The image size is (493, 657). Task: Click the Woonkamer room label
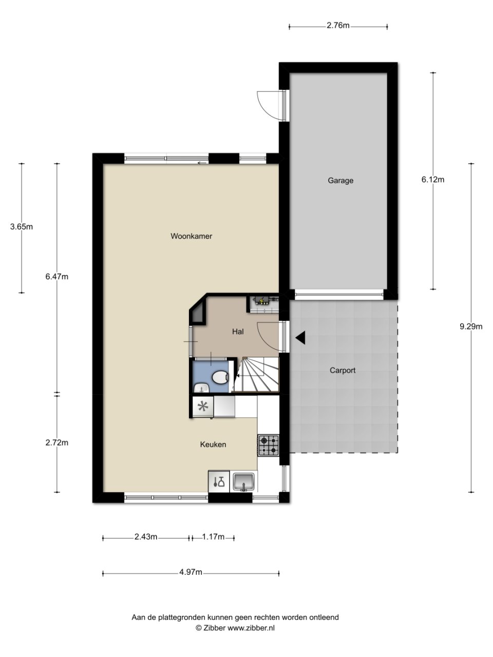[x=191, y=236]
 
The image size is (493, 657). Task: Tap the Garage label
[x=340, y=181]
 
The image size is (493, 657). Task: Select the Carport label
[x=343, y=370]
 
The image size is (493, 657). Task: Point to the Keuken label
[x=213, y=445]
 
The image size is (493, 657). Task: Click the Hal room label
[x=238, y=332]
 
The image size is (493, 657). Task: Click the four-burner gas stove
[x=269, y=446]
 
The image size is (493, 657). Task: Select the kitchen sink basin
[x=244, y=482]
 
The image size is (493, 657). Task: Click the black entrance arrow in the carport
[x=300, y=338]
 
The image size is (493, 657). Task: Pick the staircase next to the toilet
[x=257, y=374]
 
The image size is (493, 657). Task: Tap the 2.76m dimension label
[x=338, y=26]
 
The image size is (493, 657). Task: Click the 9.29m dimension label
[x=471, y=326]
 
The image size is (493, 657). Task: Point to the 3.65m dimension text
[x=22, y=226]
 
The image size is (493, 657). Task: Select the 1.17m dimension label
[x=213, y=537]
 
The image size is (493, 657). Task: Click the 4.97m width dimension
[x=191, y=572]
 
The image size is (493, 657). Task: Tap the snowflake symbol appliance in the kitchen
[x=203, y=407]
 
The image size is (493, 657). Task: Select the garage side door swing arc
[x=267, y=105]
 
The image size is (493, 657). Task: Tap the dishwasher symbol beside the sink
[x=219, y=481]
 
